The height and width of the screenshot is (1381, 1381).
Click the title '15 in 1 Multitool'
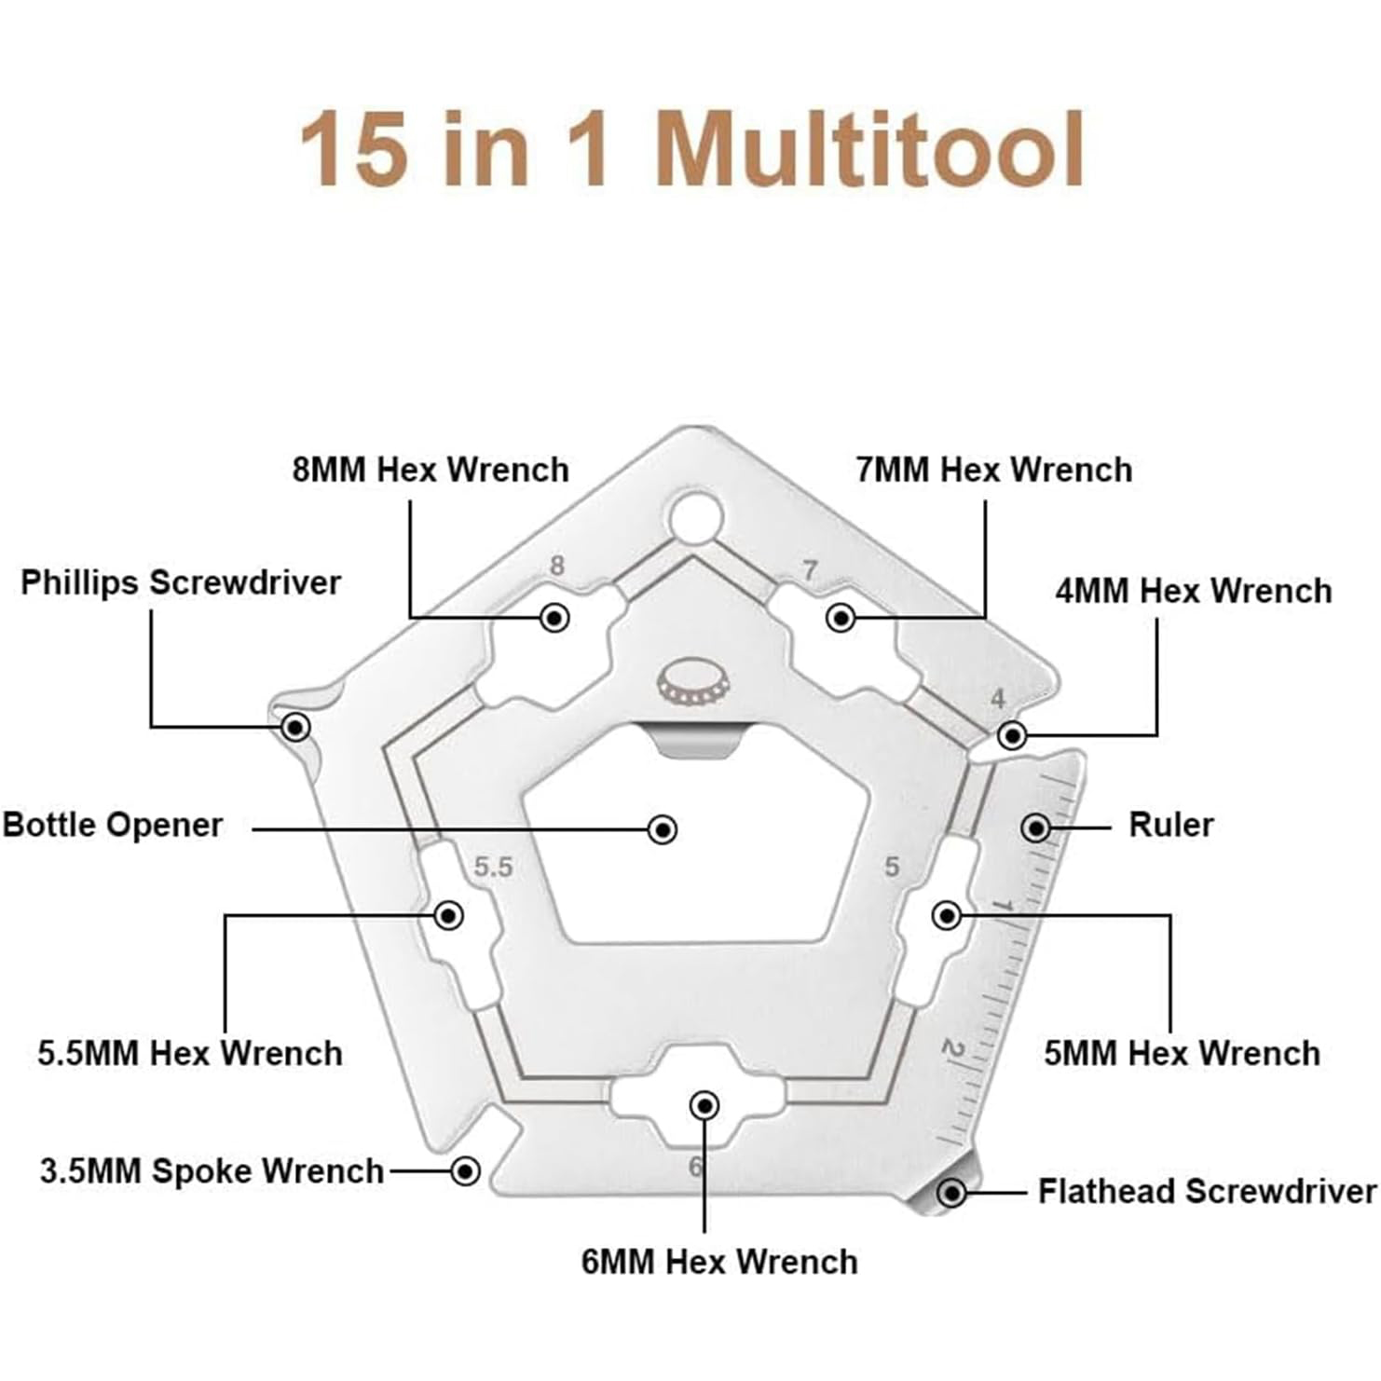pos(692,149)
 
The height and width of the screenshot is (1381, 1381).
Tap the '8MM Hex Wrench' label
pos(431,470)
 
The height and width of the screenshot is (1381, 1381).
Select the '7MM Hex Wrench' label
pos(994,470)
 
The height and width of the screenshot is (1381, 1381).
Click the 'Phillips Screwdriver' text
pos(181,582)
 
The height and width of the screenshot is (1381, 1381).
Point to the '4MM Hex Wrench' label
pos(1194,591)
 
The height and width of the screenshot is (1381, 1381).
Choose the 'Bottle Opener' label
pos(113,826)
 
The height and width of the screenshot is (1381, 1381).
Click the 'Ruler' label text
pos(1171,825)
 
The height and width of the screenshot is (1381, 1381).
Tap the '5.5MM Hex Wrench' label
pos(190,1054)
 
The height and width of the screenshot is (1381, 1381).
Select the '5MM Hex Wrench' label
pos(1182,1054)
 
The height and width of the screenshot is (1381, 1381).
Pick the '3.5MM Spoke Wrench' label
pos(212,1171)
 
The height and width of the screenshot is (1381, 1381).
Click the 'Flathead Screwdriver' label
pos(1208,1192)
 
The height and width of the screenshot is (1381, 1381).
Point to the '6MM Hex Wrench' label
pos(719,1263)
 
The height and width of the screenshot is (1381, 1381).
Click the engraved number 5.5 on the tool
pos(494,868)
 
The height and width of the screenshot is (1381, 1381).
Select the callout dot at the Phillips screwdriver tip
pos(296,726)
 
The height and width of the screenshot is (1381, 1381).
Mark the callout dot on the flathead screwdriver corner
pos(951,1193)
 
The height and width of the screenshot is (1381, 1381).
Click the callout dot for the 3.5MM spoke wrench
pos(465,1170)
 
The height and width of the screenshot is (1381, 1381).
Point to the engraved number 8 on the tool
pos(557,566)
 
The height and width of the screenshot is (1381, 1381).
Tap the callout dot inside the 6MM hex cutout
pos(704,1106)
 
